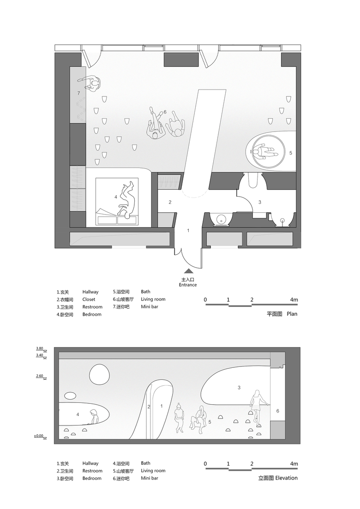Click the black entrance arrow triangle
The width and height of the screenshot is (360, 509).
point(189,271)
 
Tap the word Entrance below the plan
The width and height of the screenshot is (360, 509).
point(188,285)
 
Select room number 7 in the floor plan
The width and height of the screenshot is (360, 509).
point(78,93)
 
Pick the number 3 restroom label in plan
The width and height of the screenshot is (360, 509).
point(260,202)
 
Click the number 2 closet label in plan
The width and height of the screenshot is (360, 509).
point(170,202)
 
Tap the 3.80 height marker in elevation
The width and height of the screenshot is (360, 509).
point(39,348)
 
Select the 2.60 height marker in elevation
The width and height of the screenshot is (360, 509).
point(39,376)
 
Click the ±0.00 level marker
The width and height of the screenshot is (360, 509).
point(38,436)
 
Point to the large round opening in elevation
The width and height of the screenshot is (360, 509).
point(98,374)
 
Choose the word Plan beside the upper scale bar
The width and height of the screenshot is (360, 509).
point(292,314)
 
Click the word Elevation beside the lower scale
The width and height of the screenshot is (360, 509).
point(286,478)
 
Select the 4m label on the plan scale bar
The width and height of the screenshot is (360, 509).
point(294,299)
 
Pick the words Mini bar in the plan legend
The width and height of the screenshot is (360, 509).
point(150,306)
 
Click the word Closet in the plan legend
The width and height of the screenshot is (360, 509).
point(89,299)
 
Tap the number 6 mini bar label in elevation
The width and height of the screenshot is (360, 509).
point(277,411)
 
